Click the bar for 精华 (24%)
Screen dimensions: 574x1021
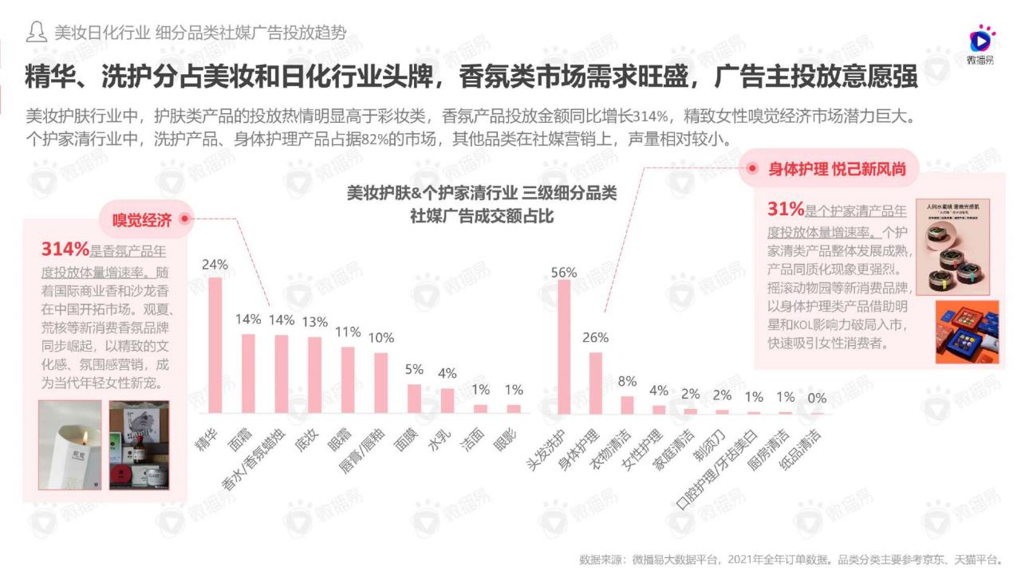pyautogui.click(x=215, y=344)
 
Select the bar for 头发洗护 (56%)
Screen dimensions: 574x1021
pyautogui.click(x=563, y=346)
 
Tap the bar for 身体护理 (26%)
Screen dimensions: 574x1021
pyautogui.click(x=596, y=382)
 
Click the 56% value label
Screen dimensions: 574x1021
pyautogui.click(x=563, y=272)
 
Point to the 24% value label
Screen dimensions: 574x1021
pyautogui.click(x=215, y=265)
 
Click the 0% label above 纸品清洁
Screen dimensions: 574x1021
pyautogui.click(x=817, y=397)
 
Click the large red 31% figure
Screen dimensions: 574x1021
pyautogui.click(x=785, y=210)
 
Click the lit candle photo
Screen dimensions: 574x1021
pyautogui.click(x=70, y=443)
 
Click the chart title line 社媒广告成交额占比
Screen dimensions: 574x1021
pyautogui.click(x=482, y=215)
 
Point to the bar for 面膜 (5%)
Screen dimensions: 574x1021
pyautogui.click(x=414, y=398)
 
